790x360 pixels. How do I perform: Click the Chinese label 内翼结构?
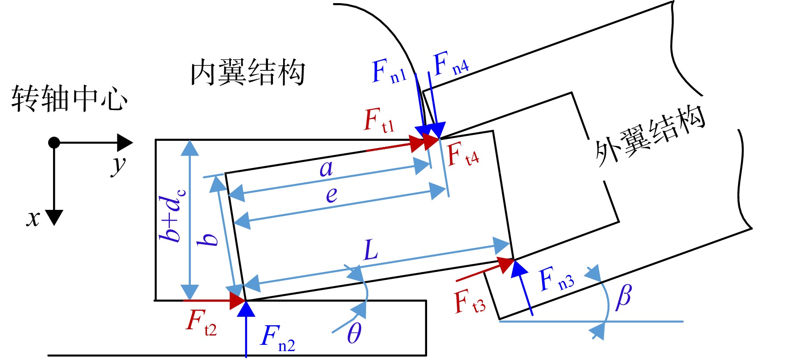click(247, 72)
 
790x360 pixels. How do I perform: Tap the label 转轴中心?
click(69, 98)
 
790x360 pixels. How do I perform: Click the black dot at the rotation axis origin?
click(54, 143)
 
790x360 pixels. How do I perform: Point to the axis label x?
click(33, 219)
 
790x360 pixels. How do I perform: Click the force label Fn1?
click(389, 72)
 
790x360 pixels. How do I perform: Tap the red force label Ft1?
click(379, 120)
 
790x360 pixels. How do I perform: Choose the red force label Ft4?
click(463, 155)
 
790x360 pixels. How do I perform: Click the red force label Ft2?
click(201, 322)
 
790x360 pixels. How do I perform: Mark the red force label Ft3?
click(470, 301)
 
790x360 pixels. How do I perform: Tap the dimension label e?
click(331, 195)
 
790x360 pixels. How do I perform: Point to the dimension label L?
click(371, 250)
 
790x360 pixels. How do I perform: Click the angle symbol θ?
click(354, 332)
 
